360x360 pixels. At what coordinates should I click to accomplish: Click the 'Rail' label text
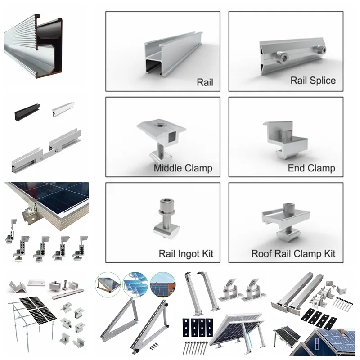coord(205,82)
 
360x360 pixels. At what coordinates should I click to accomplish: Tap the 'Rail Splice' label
coord(313,81)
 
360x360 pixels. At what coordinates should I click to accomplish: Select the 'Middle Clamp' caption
coord(183,168)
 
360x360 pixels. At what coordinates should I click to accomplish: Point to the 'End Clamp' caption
coord(311,168)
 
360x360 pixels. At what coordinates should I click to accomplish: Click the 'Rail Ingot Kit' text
coord(186,254)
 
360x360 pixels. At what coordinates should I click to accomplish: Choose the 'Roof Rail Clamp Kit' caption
coord(293,254)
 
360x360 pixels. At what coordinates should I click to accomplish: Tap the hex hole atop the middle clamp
coord(159,125)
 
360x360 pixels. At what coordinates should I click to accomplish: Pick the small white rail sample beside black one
coord(63,109)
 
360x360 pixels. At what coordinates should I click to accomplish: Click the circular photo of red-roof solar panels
coord(163,285)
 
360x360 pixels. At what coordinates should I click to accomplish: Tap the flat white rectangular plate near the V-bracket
coord(36,283)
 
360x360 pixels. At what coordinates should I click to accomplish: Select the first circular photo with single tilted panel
coord(108,285)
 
